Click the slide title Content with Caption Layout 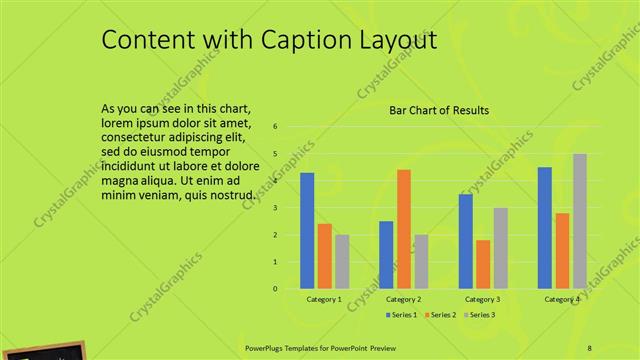coord(269,40)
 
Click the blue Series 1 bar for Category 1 coord(307,231)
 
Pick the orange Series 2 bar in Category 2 coord(403,229)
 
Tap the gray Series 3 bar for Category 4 coord(579,221)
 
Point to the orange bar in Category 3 coord(483,264)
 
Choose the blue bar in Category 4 coord(544,228)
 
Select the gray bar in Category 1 coord(342,262)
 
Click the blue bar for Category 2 coord(386,255)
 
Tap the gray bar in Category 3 coord(500,248)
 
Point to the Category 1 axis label coord(324,299)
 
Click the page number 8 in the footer coord(590,347)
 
